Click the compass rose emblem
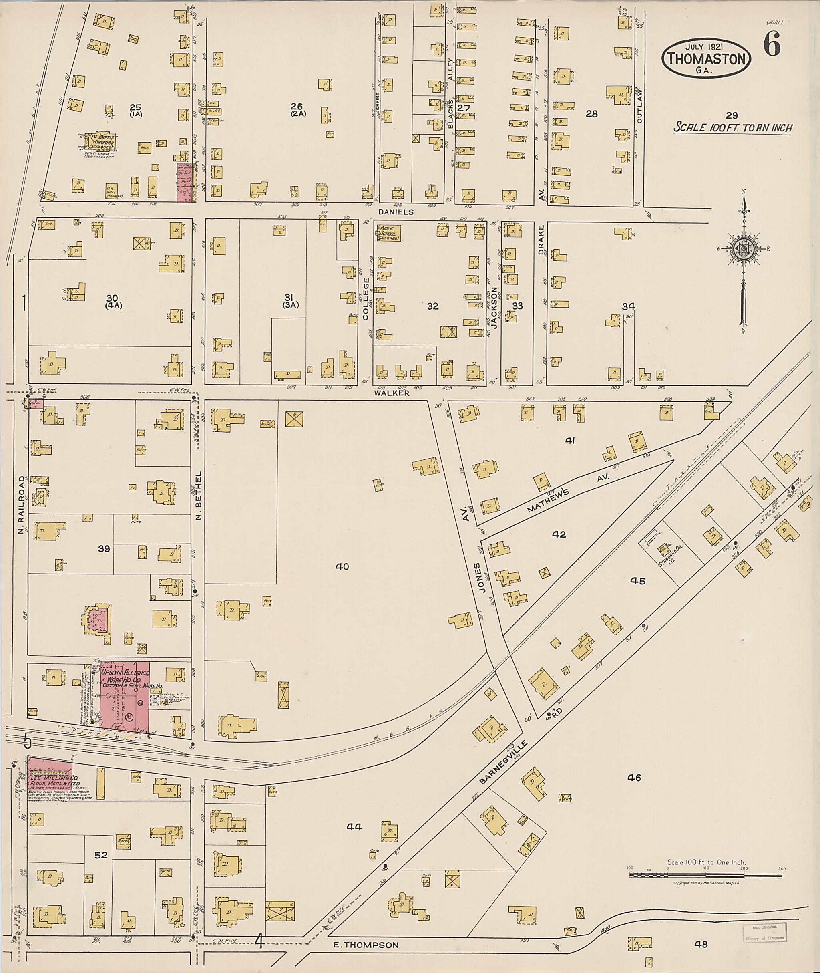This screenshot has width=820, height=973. pyautogui.click(x=743, y=250)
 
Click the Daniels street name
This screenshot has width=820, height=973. pyautogui.click(x=396, y=212)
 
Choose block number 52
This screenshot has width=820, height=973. pyautogui.click(x=101, y=855)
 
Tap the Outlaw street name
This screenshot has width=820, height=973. pyautogui.click(x=639, y=106)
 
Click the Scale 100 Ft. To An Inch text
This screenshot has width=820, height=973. pyautogui.click(x=733, y=128)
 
